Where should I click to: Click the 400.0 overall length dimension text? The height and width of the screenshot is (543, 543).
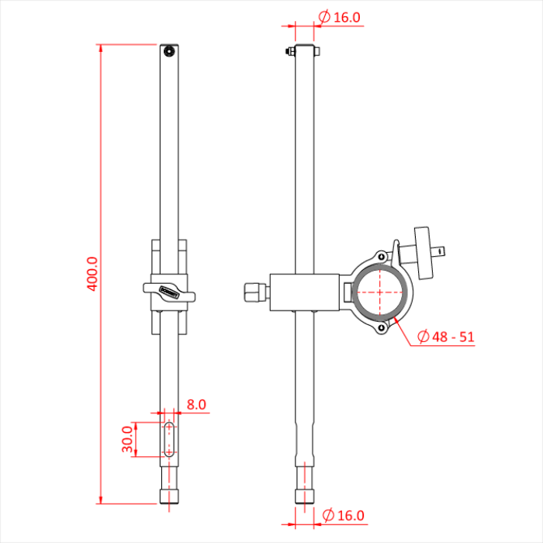click(92, 274)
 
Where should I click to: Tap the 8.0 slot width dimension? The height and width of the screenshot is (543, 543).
click(196, 404)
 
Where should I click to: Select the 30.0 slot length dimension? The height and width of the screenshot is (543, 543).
click(128, 440)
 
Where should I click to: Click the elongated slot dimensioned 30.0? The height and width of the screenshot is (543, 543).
click(169, 439)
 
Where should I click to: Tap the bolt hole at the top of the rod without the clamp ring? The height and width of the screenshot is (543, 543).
click(169, 52)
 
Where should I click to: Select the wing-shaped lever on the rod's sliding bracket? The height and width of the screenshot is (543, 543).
click(169, 292)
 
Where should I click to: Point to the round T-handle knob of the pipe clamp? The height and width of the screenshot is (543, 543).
click(424, 251)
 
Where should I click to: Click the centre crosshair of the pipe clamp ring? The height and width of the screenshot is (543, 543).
click(382, 292)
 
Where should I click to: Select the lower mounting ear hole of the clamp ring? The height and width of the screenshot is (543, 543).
click(382, 329)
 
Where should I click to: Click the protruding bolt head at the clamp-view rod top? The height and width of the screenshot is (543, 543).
click(289, 53)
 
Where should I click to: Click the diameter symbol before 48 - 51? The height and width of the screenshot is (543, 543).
click(424, 337)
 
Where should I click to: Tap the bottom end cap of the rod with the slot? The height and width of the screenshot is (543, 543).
click(169, 495)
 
